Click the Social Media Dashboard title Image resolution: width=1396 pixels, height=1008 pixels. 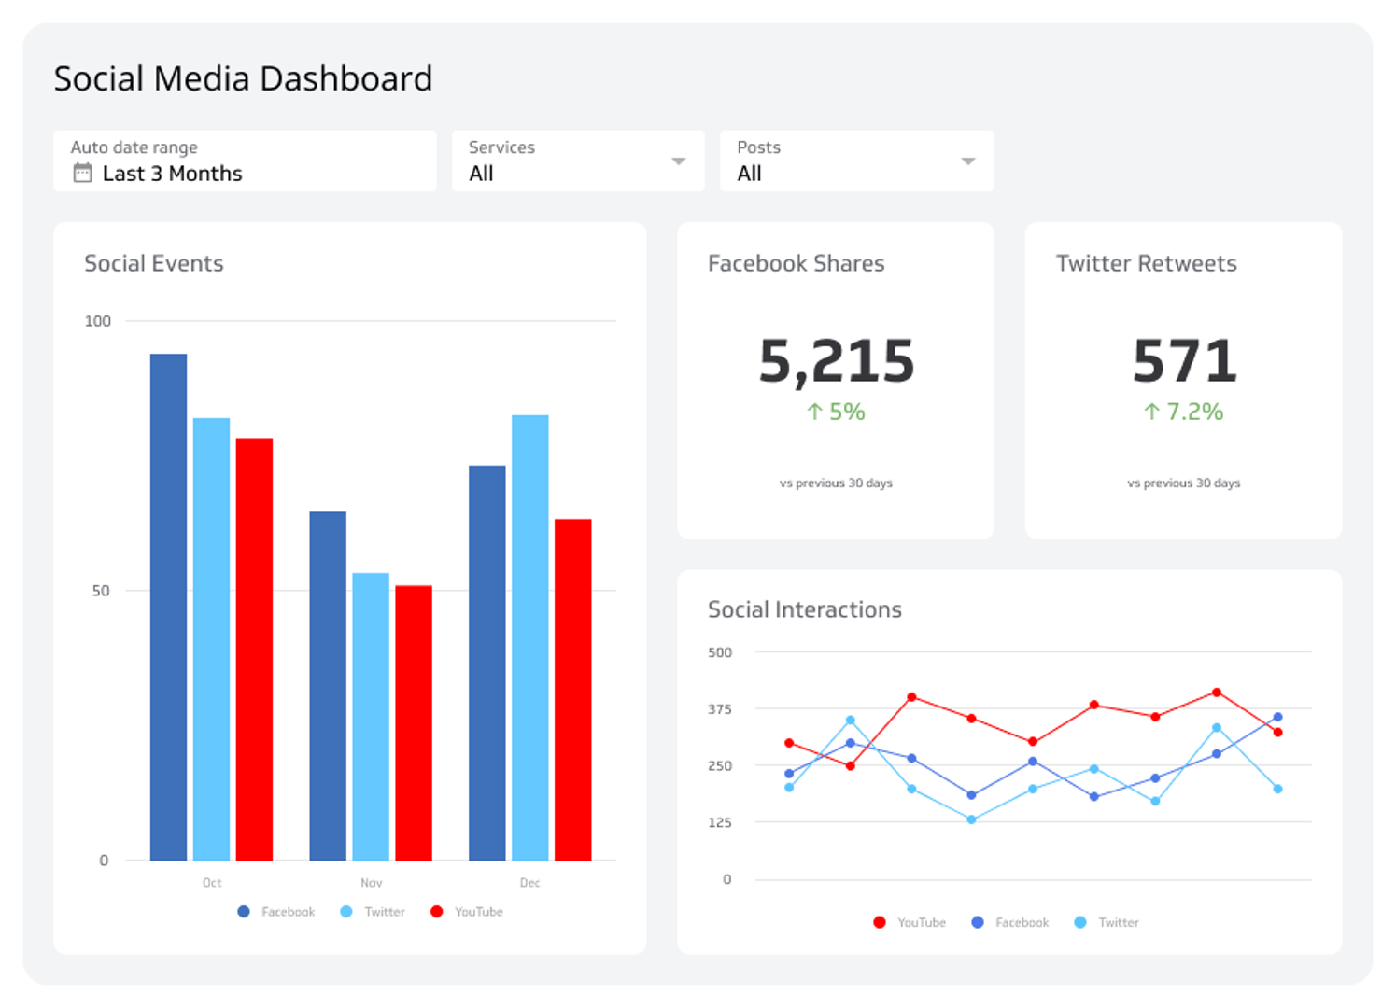coord(243,79)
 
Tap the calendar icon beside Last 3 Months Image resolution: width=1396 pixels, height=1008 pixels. coord(83,174)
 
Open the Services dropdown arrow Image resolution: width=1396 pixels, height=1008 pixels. coord(679,161)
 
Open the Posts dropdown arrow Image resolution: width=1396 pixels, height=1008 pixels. coord(968,161)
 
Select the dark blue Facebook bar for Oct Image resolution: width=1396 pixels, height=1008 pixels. coord(168,607)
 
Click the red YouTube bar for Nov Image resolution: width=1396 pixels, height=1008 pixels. coord(414,723)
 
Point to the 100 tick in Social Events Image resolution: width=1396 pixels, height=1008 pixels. coord(98,321)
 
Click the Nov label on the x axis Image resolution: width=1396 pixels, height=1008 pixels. coord(371,883)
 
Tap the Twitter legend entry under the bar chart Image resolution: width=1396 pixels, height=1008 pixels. coord(374,912)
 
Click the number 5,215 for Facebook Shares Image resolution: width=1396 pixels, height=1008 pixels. coord(836,361)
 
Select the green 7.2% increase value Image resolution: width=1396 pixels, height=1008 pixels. coord(1184,412)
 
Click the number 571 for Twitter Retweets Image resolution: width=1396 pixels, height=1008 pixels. coord(1184,361)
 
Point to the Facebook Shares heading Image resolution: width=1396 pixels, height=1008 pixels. coord(796,264)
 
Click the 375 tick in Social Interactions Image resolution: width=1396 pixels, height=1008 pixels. coord(720,709)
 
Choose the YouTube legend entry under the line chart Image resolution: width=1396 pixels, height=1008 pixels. coord(910,922)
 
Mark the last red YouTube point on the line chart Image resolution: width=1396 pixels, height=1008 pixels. coord(1277,733)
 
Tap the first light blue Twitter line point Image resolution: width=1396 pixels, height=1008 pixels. coord(789,788)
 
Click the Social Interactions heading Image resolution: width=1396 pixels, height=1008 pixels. coord(804,610)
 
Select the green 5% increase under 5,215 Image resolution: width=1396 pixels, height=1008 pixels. coord(836,412)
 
